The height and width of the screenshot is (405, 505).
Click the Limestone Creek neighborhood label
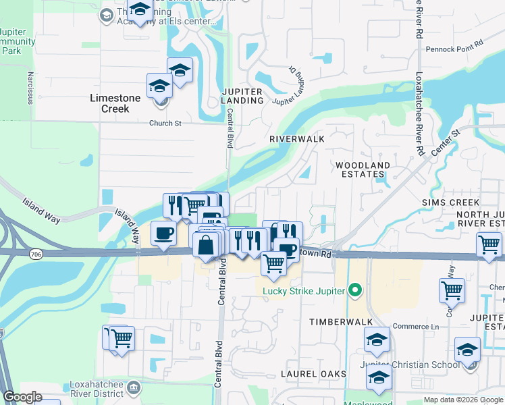coord(115,103)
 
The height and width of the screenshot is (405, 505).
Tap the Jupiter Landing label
coord(242,96)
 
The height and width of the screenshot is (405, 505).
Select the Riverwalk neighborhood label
coord(297,138)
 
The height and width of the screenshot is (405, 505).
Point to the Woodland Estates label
coord(363,170)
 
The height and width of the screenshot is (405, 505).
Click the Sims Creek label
coord(450,202)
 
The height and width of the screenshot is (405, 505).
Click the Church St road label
coord(166,124)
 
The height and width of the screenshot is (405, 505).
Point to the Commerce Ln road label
coord(416,327)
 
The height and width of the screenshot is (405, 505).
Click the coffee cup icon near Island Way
coord(164,234)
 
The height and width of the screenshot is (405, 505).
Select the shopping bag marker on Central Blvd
coord(206,246)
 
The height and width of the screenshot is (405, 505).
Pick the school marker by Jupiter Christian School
coord(467,350)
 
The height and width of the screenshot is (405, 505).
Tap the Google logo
coord(23,397)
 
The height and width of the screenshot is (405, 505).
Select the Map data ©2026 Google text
coord(463,400)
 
